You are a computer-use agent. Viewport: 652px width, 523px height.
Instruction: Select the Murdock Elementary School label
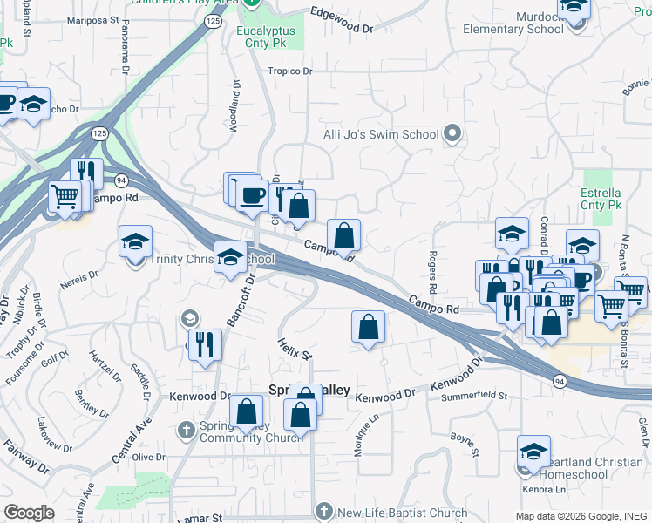[x=513, y=23]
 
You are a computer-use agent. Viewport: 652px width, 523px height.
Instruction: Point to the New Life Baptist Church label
[x=402, y=513]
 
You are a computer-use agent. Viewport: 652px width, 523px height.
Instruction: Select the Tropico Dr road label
[x=289, y=71]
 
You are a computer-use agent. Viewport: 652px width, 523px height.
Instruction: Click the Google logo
[x=29, y=513]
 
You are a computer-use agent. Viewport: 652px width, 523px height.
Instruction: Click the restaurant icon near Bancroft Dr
[x=206, y=343]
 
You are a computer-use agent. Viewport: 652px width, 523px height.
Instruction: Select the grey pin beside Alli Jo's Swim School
[x=452, y=134]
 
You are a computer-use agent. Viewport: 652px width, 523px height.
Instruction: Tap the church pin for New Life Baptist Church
[x=323, y=512]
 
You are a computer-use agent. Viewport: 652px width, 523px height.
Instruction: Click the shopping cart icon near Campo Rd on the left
[x=65, y=195]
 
